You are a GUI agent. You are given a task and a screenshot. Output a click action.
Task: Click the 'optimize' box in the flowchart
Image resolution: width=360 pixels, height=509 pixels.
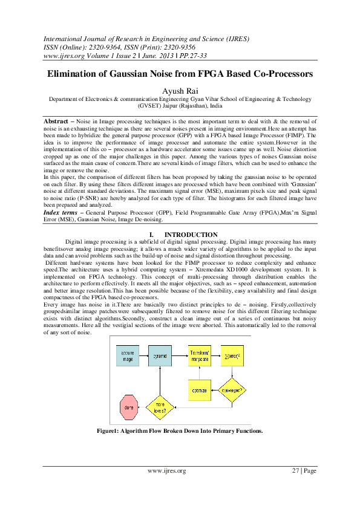(x=200, y=390)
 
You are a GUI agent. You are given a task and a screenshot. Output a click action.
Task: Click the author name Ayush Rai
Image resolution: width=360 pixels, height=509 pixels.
(x=180, y=90)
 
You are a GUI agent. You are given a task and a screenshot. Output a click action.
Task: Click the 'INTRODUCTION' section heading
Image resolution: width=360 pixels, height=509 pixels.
(x=191, y=235)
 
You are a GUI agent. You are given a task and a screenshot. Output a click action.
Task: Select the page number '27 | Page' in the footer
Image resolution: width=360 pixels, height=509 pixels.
(x=304, y=471)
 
